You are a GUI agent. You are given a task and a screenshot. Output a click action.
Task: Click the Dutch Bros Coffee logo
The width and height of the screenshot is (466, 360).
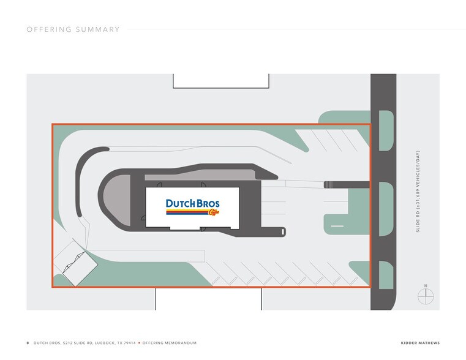pyautogui.click(x=192, y=207)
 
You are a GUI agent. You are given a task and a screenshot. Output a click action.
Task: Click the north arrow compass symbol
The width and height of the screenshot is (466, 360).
pyautogui.click(x=426, y=294)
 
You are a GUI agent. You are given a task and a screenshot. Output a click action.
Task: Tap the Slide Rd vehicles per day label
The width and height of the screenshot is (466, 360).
pyautogui.click(x=418, y=192)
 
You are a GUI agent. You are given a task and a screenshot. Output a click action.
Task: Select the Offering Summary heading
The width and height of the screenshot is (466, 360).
pyautogui.click(x=73, y=29)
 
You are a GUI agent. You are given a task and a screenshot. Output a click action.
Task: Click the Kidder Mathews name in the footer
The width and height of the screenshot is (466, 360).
pyautogui.click(x=420, y=343)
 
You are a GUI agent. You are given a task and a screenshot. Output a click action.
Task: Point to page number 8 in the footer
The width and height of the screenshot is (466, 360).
pyautogui.click(x=28, y=343)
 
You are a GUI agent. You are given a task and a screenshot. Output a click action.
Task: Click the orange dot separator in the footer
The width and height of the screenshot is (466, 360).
pyautogui.click(x=139, y=343)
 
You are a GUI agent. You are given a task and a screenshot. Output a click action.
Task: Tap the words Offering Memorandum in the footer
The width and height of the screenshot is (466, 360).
pyautogui.click(x=170, y=343)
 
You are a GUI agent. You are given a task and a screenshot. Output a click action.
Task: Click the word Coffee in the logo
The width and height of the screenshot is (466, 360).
pyautogui.click(x=214, y=212)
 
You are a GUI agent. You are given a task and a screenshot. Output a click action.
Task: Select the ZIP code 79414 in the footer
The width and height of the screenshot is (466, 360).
pyautogui.click(x=129, y=343)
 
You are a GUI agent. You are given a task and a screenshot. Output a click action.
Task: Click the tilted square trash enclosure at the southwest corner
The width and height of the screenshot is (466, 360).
pyautogui.click(x=80, y=269)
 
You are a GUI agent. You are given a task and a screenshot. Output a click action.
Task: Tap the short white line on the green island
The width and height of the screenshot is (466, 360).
pyautogui.click(x=337, y=226)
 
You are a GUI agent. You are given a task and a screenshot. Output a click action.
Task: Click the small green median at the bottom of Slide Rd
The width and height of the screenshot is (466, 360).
pyautogui.click(x=386, y=275)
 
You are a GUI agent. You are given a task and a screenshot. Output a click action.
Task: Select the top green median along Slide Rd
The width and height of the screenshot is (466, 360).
pyautogui.click(x=386, y=130)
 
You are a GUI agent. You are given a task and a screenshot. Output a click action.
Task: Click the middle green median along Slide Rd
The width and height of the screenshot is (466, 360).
pyautogui.click(x=386, y=209)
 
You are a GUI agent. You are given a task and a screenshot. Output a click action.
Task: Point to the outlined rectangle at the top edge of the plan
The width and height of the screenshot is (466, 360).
pyautogui.click(x=221, y=81)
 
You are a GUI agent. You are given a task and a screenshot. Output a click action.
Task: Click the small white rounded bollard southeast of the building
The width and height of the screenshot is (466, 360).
pyautogui.click(x=283, y=231)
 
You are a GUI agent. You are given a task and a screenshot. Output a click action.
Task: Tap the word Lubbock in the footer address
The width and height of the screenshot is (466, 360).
pyautogui.click(x=105, y=343)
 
